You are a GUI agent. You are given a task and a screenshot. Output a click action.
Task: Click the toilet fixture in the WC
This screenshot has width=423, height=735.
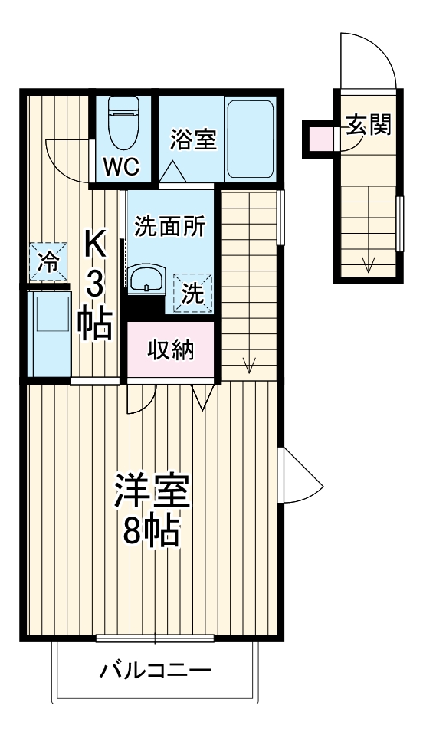pos(123,123)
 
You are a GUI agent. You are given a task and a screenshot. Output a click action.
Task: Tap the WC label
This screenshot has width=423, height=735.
pos(122,167)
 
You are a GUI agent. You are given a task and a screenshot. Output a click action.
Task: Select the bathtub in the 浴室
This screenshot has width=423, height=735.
pos(250,139)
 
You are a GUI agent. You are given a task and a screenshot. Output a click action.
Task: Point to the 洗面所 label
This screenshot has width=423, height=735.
pos(169,227)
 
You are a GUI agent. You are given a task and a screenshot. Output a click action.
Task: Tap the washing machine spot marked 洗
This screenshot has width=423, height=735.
pos(193,293)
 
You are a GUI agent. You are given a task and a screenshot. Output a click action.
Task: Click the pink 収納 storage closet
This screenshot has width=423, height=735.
pos(171,349)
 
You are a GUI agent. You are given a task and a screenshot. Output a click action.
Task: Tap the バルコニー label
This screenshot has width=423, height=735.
pos(156,669)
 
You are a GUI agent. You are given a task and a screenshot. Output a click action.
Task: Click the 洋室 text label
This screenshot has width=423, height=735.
pos(152,491)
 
